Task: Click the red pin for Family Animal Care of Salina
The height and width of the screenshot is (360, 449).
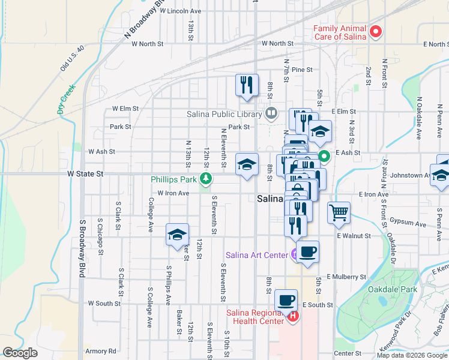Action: tap(376, 32)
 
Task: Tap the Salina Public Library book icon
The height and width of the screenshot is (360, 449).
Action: tap(271, 113)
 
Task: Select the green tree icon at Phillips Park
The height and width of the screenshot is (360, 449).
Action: tap(206, 179)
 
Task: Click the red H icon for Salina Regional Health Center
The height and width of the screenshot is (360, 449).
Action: tap(293, 316)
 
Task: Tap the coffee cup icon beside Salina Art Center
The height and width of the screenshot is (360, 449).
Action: tap(307, 252)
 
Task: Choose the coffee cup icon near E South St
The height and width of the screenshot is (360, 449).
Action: tap(286, 299)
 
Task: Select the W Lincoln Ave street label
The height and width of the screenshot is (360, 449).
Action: tap(175, 11)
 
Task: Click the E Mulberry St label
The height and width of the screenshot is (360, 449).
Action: tap(346, 277)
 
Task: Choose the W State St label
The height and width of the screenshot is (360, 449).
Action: tap(85, 173)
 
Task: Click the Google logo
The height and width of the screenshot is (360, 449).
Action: tap(20, 353)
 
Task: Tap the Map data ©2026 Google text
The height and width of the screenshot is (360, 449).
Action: tap(412, 355)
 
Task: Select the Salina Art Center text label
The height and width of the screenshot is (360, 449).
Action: tap(256, 255)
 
